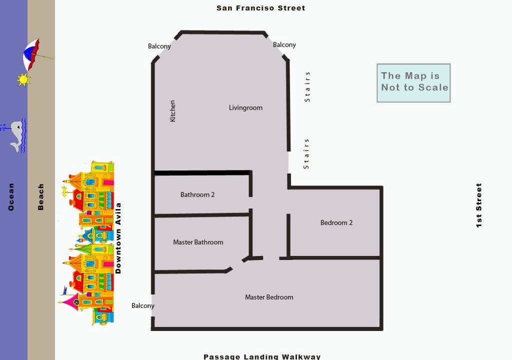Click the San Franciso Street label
pyautogui.click(x=261, y=8)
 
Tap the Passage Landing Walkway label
pyautogui.click(x=262, y=356)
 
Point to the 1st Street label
pyautogui.click(x=478, y=205)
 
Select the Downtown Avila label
pyautogui.click(x=118, y=238)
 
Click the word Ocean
pyautogui.click(x=11, y=196)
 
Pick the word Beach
pyautogui.click(x=40, y=196)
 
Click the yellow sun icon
pyautogui.click(x=23, y=79)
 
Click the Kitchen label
pyautogui.click(x=172, y=111)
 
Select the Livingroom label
pyautogui.click(x=245, y=108)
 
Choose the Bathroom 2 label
pyautogui.click(x=197, y=194)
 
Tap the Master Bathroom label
pyautogui.click(x=198, y=242)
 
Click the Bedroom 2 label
pyautogui.click(x=336, y=223)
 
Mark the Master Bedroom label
pyautogui.click(x=269, y=297)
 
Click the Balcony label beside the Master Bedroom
pyautogui.click(x=142, y=306)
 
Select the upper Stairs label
pyautogui.click(x=307, y=87)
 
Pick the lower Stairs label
pyautogui.click(x=306, y=154)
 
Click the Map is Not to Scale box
pyautogui.click(x=413, y=83)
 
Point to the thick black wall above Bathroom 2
pyautogui.click(x=202, y=173)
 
